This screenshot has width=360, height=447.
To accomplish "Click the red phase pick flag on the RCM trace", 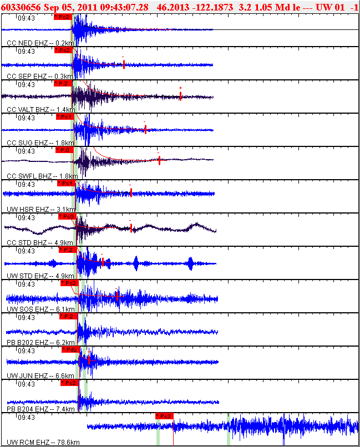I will point(165,416).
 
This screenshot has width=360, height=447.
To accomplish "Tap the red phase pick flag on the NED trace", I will point(63,17).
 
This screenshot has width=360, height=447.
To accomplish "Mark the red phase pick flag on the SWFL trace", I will point(64,150).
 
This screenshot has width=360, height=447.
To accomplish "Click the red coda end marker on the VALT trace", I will point(180,96).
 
